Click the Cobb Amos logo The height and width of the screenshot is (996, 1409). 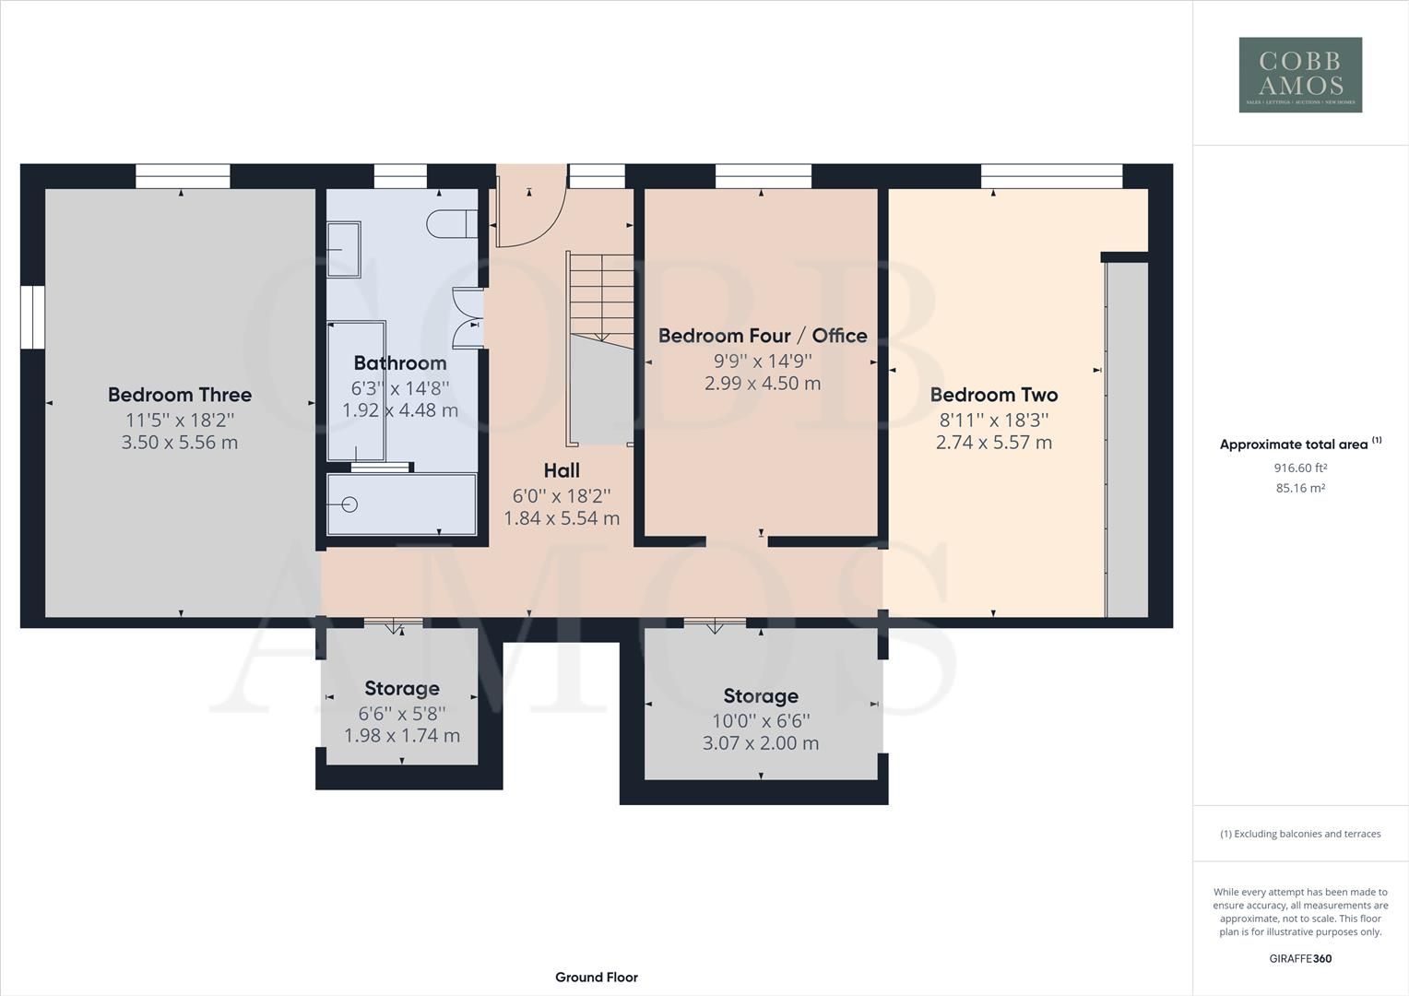pyautogui.click(x=1300, y=75)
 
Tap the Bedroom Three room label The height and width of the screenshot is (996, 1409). pyautogui.click(x=180, y=395)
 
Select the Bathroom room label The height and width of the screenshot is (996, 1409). pyautogui.click(x=400, y=363)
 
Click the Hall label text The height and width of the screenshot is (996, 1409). pyautogui.click(x=562, y=471)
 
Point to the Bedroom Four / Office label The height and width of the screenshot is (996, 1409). pyautogui.click(x=763, y=336)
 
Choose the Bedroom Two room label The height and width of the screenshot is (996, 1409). pyautogui.click(x=994, y=395)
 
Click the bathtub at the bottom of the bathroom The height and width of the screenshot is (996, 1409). pyautogui.click(x=402, y=504)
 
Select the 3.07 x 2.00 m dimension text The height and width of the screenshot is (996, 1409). pyautogui.click(x=761, y=743)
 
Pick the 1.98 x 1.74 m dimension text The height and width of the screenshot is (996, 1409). pyautogui.click(x=402, y=736)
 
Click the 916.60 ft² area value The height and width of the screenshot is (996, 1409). pyautogui.click(x=1300, y=468)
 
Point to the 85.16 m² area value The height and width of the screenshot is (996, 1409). pyautogui.click(x=1300, y=488)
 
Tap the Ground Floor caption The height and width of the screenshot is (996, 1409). pyautogui.click(x=597, y=978)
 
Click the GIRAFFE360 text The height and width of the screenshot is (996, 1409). pyautogui.click(x=1300, y=958)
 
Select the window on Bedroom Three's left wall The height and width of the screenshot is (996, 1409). pyautogui.click(x=32, y=317)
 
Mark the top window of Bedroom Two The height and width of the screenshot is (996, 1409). pyautogui.click(x=1051, y=176)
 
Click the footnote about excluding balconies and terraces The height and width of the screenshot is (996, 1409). pyautogui.click(x=1300, y=834)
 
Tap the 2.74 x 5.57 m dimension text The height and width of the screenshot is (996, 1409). pyautogui.click(x=994, y=443)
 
